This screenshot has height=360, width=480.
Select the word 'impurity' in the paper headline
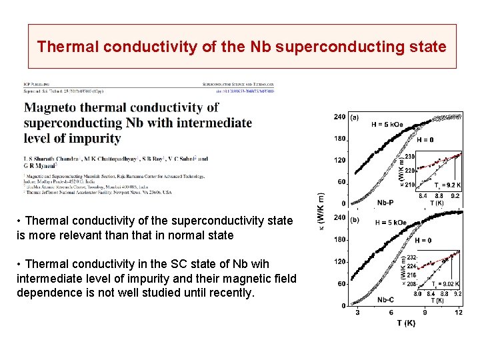coord(95,139)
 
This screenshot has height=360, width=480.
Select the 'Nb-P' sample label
coord(385,202)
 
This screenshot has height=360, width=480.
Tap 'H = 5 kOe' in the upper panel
coord(387,125)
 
